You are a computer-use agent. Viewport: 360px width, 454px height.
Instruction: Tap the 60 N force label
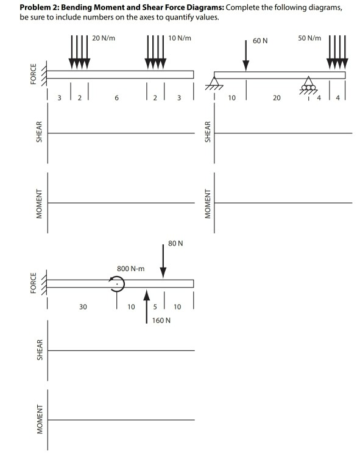260,40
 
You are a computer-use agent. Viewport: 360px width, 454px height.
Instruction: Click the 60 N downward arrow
246,58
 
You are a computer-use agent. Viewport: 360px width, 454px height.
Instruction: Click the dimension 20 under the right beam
277,97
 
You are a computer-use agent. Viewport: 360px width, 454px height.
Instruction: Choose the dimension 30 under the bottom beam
82,307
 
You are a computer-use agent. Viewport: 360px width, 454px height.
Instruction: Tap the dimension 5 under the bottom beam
155,307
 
